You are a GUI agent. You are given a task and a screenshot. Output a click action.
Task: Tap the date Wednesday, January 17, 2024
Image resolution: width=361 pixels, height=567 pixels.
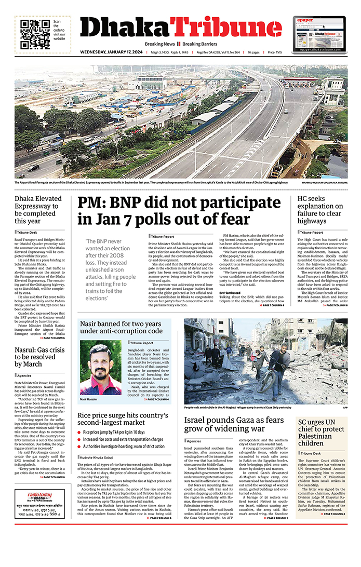pyautogui.click(x=112, y=52)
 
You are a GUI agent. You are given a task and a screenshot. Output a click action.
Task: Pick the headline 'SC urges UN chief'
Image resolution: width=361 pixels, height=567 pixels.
pyautogui.click(x=320, y=433)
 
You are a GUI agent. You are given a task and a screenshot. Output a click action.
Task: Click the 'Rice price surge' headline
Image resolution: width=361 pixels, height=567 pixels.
pyautogui.click(x=123, y=419)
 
